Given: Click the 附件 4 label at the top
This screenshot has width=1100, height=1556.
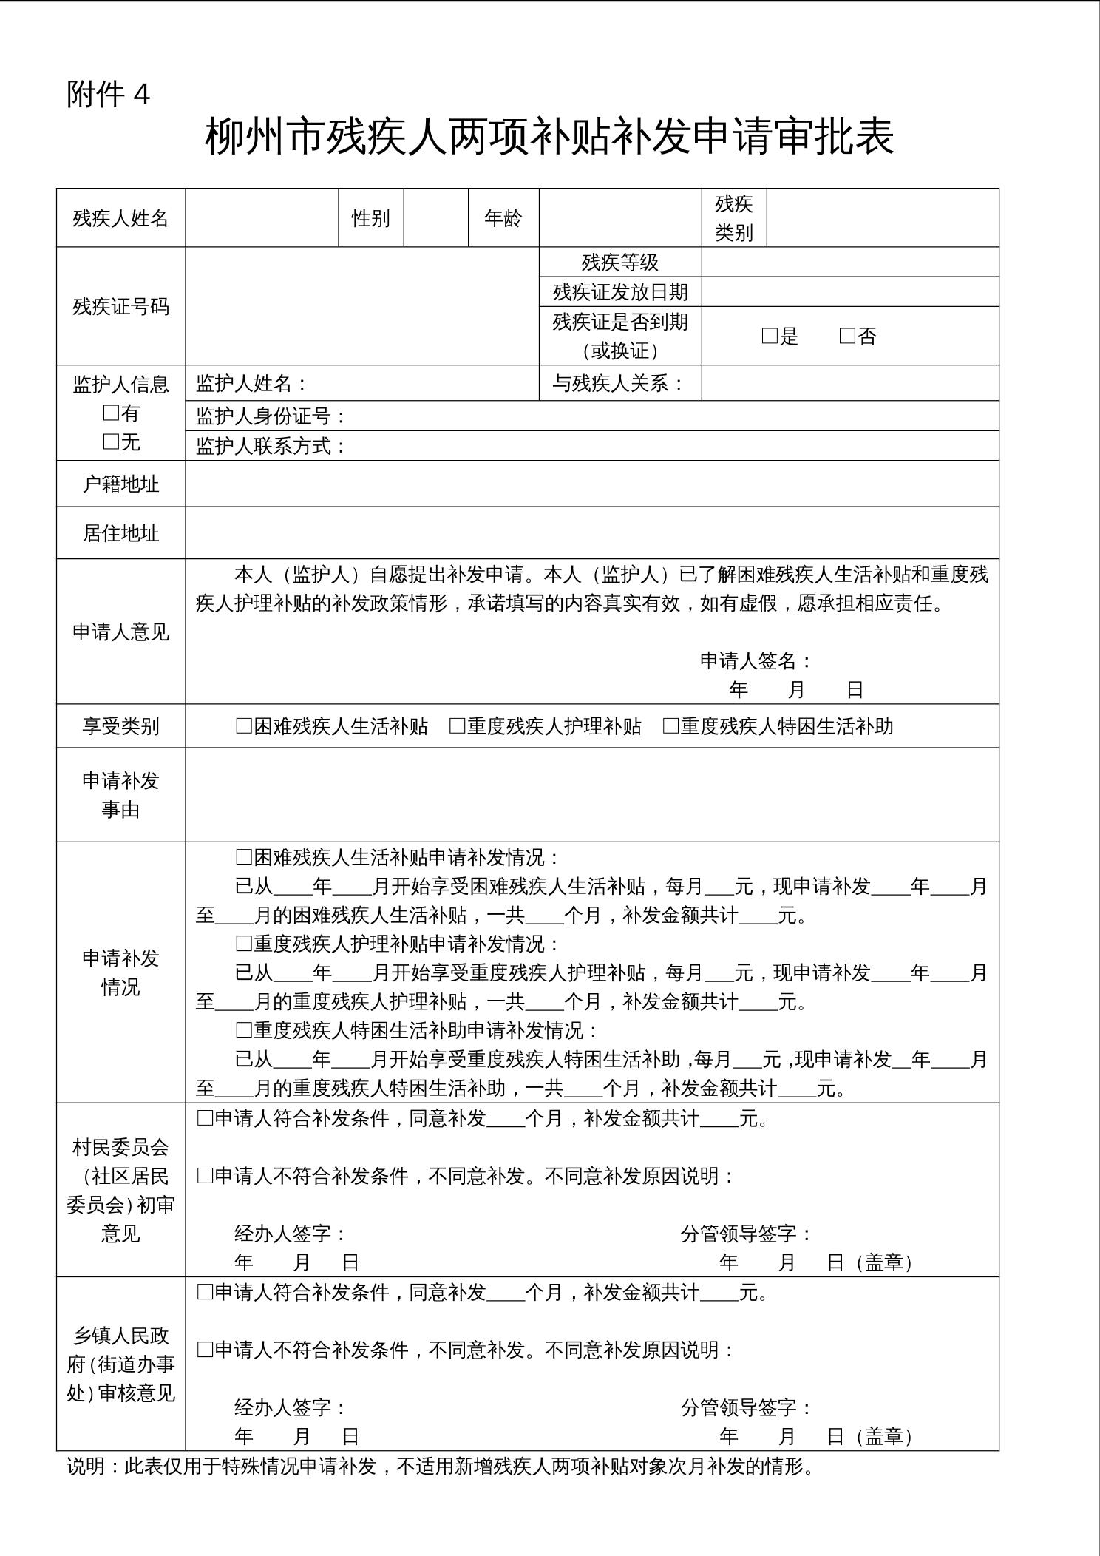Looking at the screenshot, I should (108, 95).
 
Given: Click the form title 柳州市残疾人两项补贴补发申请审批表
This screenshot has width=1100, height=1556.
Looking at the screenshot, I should (549, 137).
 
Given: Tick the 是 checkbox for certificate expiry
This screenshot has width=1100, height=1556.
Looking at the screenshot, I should (770, 336).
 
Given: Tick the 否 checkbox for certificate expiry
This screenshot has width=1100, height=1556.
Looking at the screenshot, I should (847, 336).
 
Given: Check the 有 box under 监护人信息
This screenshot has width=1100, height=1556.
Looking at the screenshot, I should (111, 413).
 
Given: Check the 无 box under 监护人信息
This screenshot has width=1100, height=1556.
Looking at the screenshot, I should (111, 442).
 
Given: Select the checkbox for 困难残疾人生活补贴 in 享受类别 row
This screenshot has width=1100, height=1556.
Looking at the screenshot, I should (243, 726).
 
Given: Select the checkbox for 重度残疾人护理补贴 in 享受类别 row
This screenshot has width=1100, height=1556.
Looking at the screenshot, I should (457, 726).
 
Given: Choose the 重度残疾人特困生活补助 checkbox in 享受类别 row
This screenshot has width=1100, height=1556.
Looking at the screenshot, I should (670, 726).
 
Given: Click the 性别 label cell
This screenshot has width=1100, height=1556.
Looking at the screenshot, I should (370, 218).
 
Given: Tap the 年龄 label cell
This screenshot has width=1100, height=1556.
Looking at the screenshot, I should (503, 218).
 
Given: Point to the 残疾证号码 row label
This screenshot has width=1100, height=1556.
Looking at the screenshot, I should (120, 306).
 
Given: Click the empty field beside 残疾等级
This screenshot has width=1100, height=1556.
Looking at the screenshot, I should (849, 263).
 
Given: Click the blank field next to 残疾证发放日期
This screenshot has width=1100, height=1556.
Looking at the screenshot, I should (849, 292).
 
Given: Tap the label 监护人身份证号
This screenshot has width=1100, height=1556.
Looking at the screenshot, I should (271, 416).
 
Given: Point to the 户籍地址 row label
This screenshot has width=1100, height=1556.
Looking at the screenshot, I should (120, 484).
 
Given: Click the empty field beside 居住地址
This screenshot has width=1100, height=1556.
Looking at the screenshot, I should (591, 533).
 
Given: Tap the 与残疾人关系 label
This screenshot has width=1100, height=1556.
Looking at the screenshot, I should (618, 383).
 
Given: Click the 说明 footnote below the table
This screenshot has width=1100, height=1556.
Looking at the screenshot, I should (441, 1466).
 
